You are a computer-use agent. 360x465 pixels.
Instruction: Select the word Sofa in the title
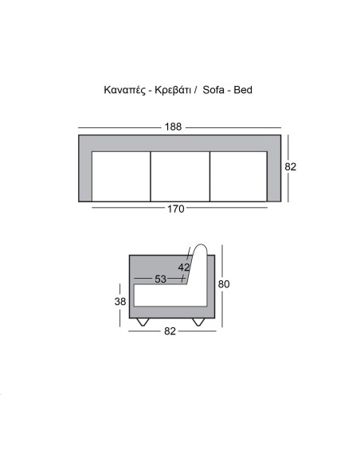[x=216, y=91]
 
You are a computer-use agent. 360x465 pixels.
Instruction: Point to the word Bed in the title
[x=244, y=91]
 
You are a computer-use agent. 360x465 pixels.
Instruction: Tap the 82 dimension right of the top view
[x=291, y=167]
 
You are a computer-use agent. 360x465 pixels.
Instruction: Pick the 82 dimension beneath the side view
[x=170, y=331]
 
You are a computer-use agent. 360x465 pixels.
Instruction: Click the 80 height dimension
[x=225, y=284]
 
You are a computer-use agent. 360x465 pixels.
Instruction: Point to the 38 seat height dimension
[x=119, y=302]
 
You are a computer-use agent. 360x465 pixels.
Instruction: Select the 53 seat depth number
[x=161, y=279]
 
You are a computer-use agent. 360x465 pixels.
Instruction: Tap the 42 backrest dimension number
[x=184, y=268]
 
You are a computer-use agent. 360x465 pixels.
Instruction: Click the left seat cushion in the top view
[x=121, y=175]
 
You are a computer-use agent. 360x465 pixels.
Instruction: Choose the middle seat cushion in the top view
[x=180, y=175]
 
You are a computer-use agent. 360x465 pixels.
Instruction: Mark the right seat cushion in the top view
[x=238, y=175]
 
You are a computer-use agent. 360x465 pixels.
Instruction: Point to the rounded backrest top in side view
[x=200, y=249]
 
